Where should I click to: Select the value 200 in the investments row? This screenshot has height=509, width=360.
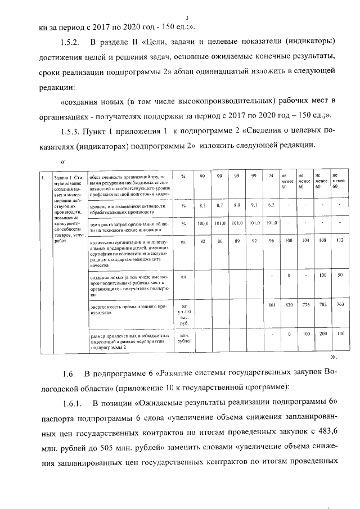pos(322,334)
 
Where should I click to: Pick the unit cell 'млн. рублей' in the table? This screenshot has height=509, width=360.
pos(184,337)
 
